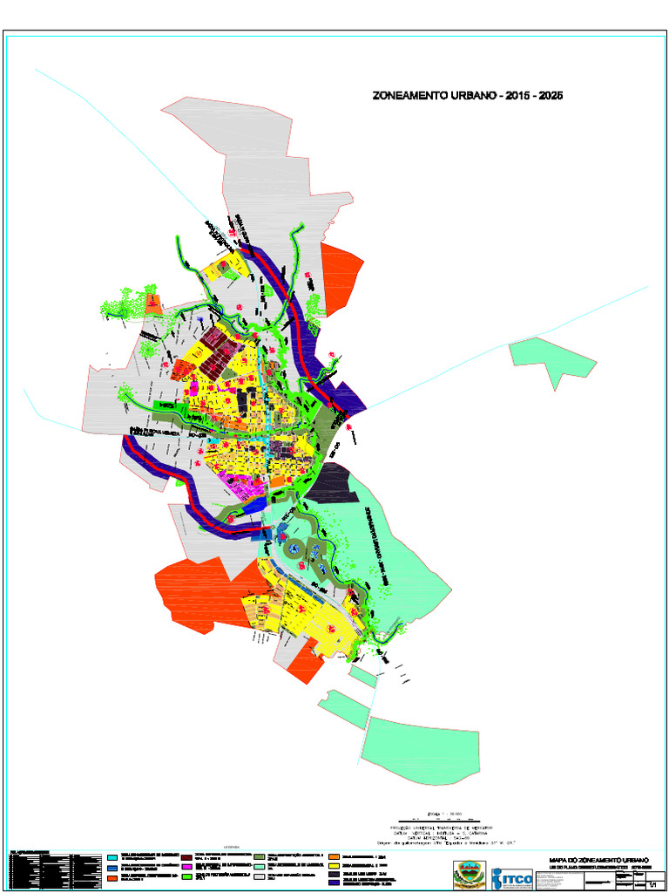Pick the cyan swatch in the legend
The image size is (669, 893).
112,857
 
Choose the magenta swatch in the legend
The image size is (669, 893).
186,869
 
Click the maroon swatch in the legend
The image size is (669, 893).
186,857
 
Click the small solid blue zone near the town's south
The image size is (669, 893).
253,505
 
